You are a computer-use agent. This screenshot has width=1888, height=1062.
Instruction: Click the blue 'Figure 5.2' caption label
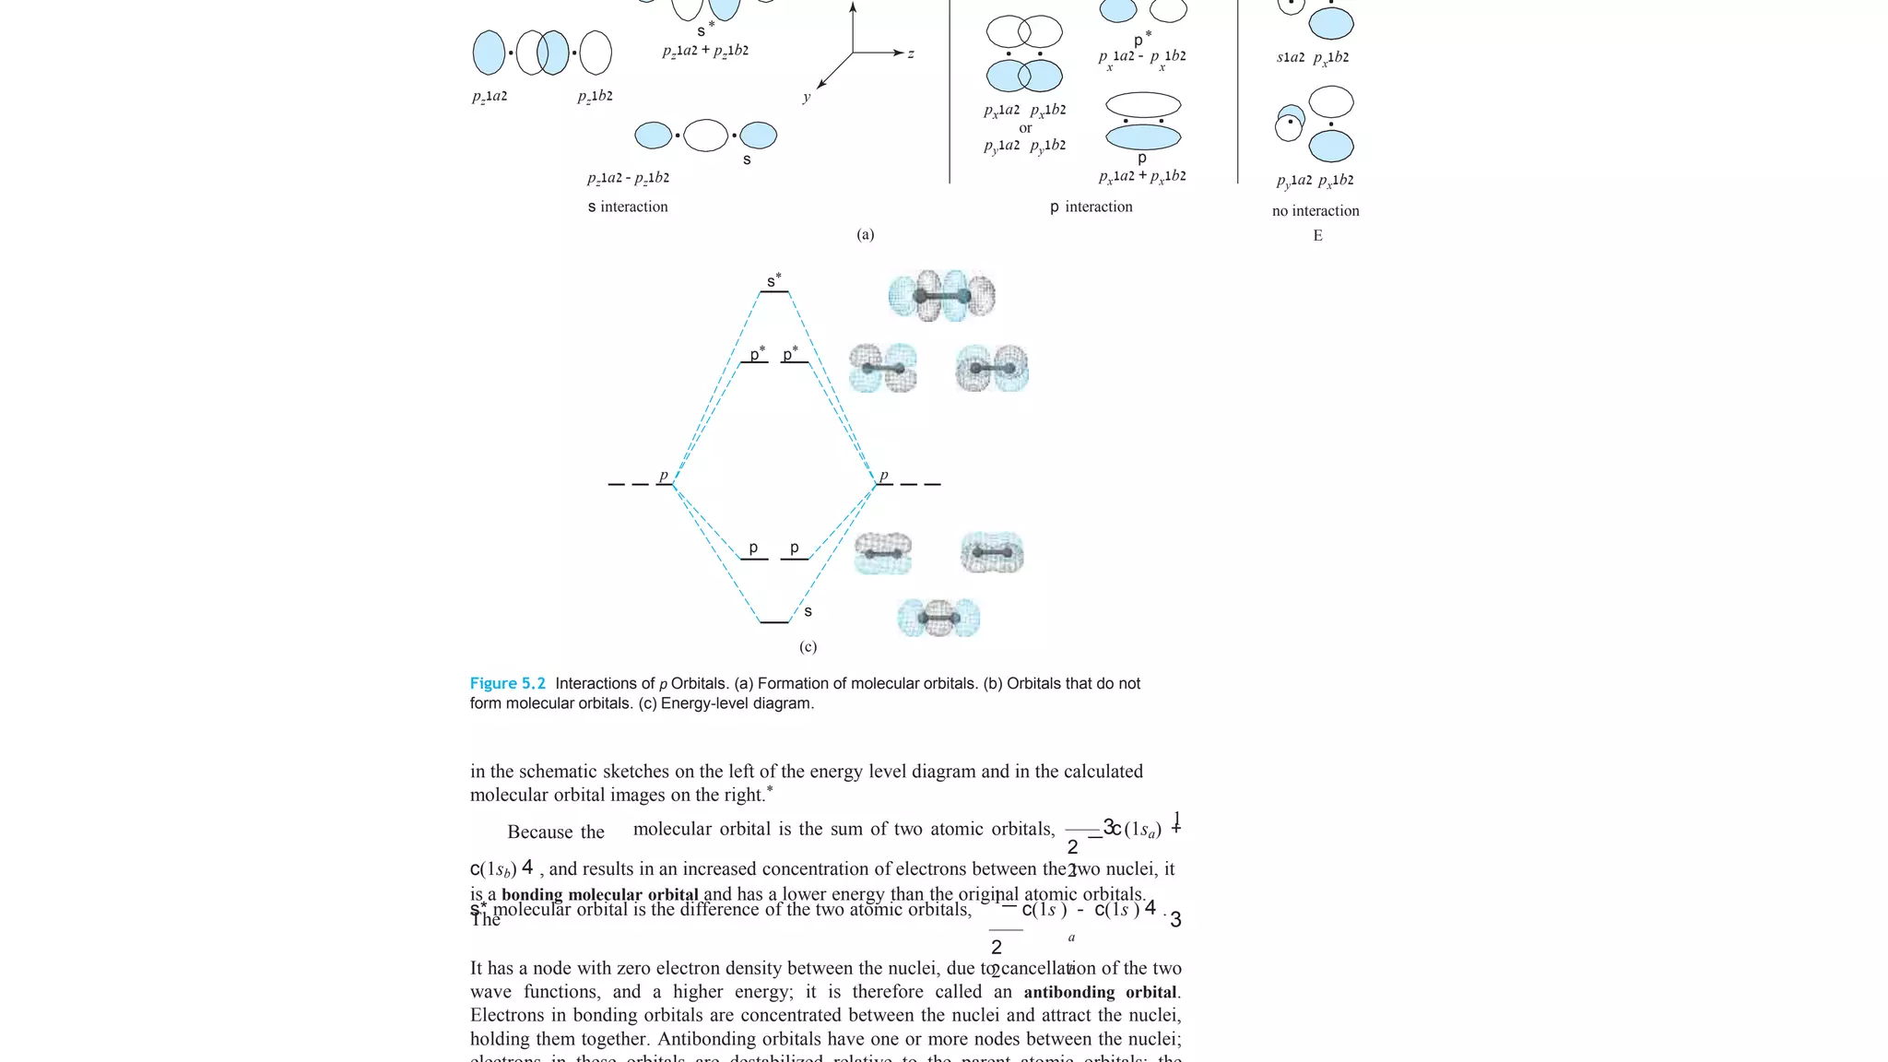(x=507, y=683)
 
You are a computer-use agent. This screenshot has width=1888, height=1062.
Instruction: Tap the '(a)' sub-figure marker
(x=865, y=234)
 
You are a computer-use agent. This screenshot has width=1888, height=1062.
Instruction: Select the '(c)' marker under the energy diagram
(x=808, y=647)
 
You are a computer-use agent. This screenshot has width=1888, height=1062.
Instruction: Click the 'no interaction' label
(x=1316, y=211)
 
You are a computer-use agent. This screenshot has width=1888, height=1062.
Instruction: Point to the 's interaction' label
(x=628, y=206)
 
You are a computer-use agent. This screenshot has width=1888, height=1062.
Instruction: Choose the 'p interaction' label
(x=1091, y=206)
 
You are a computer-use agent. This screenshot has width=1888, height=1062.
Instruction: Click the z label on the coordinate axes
(x=911, y=53)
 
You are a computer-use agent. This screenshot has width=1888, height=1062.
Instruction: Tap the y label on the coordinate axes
(x=806, y=97)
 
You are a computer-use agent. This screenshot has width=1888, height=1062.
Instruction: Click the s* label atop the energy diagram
(x=773, y=280)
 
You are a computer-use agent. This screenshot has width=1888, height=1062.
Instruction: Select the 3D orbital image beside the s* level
(x=941, y=296)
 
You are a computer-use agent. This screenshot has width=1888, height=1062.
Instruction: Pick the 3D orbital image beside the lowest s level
(x=938, y=618)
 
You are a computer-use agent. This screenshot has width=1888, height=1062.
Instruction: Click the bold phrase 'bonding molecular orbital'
(x=600, y=894)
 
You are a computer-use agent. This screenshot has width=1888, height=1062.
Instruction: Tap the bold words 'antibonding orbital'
(x=1101, y=992)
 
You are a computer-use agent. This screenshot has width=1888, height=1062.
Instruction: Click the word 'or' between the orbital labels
(x=1025, y=128)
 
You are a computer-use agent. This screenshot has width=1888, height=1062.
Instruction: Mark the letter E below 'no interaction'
(x=1317, y=236)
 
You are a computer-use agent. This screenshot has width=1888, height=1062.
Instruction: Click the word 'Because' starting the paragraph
(x=539, y=832)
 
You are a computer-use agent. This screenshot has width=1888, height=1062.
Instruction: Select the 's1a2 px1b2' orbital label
(x=1313, y=57)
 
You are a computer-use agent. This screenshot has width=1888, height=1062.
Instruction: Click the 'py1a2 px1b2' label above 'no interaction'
(x=1315, y=181)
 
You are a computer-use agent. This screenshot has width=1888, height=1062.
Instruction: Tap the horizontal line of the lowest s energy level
(x=773, y=622)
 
